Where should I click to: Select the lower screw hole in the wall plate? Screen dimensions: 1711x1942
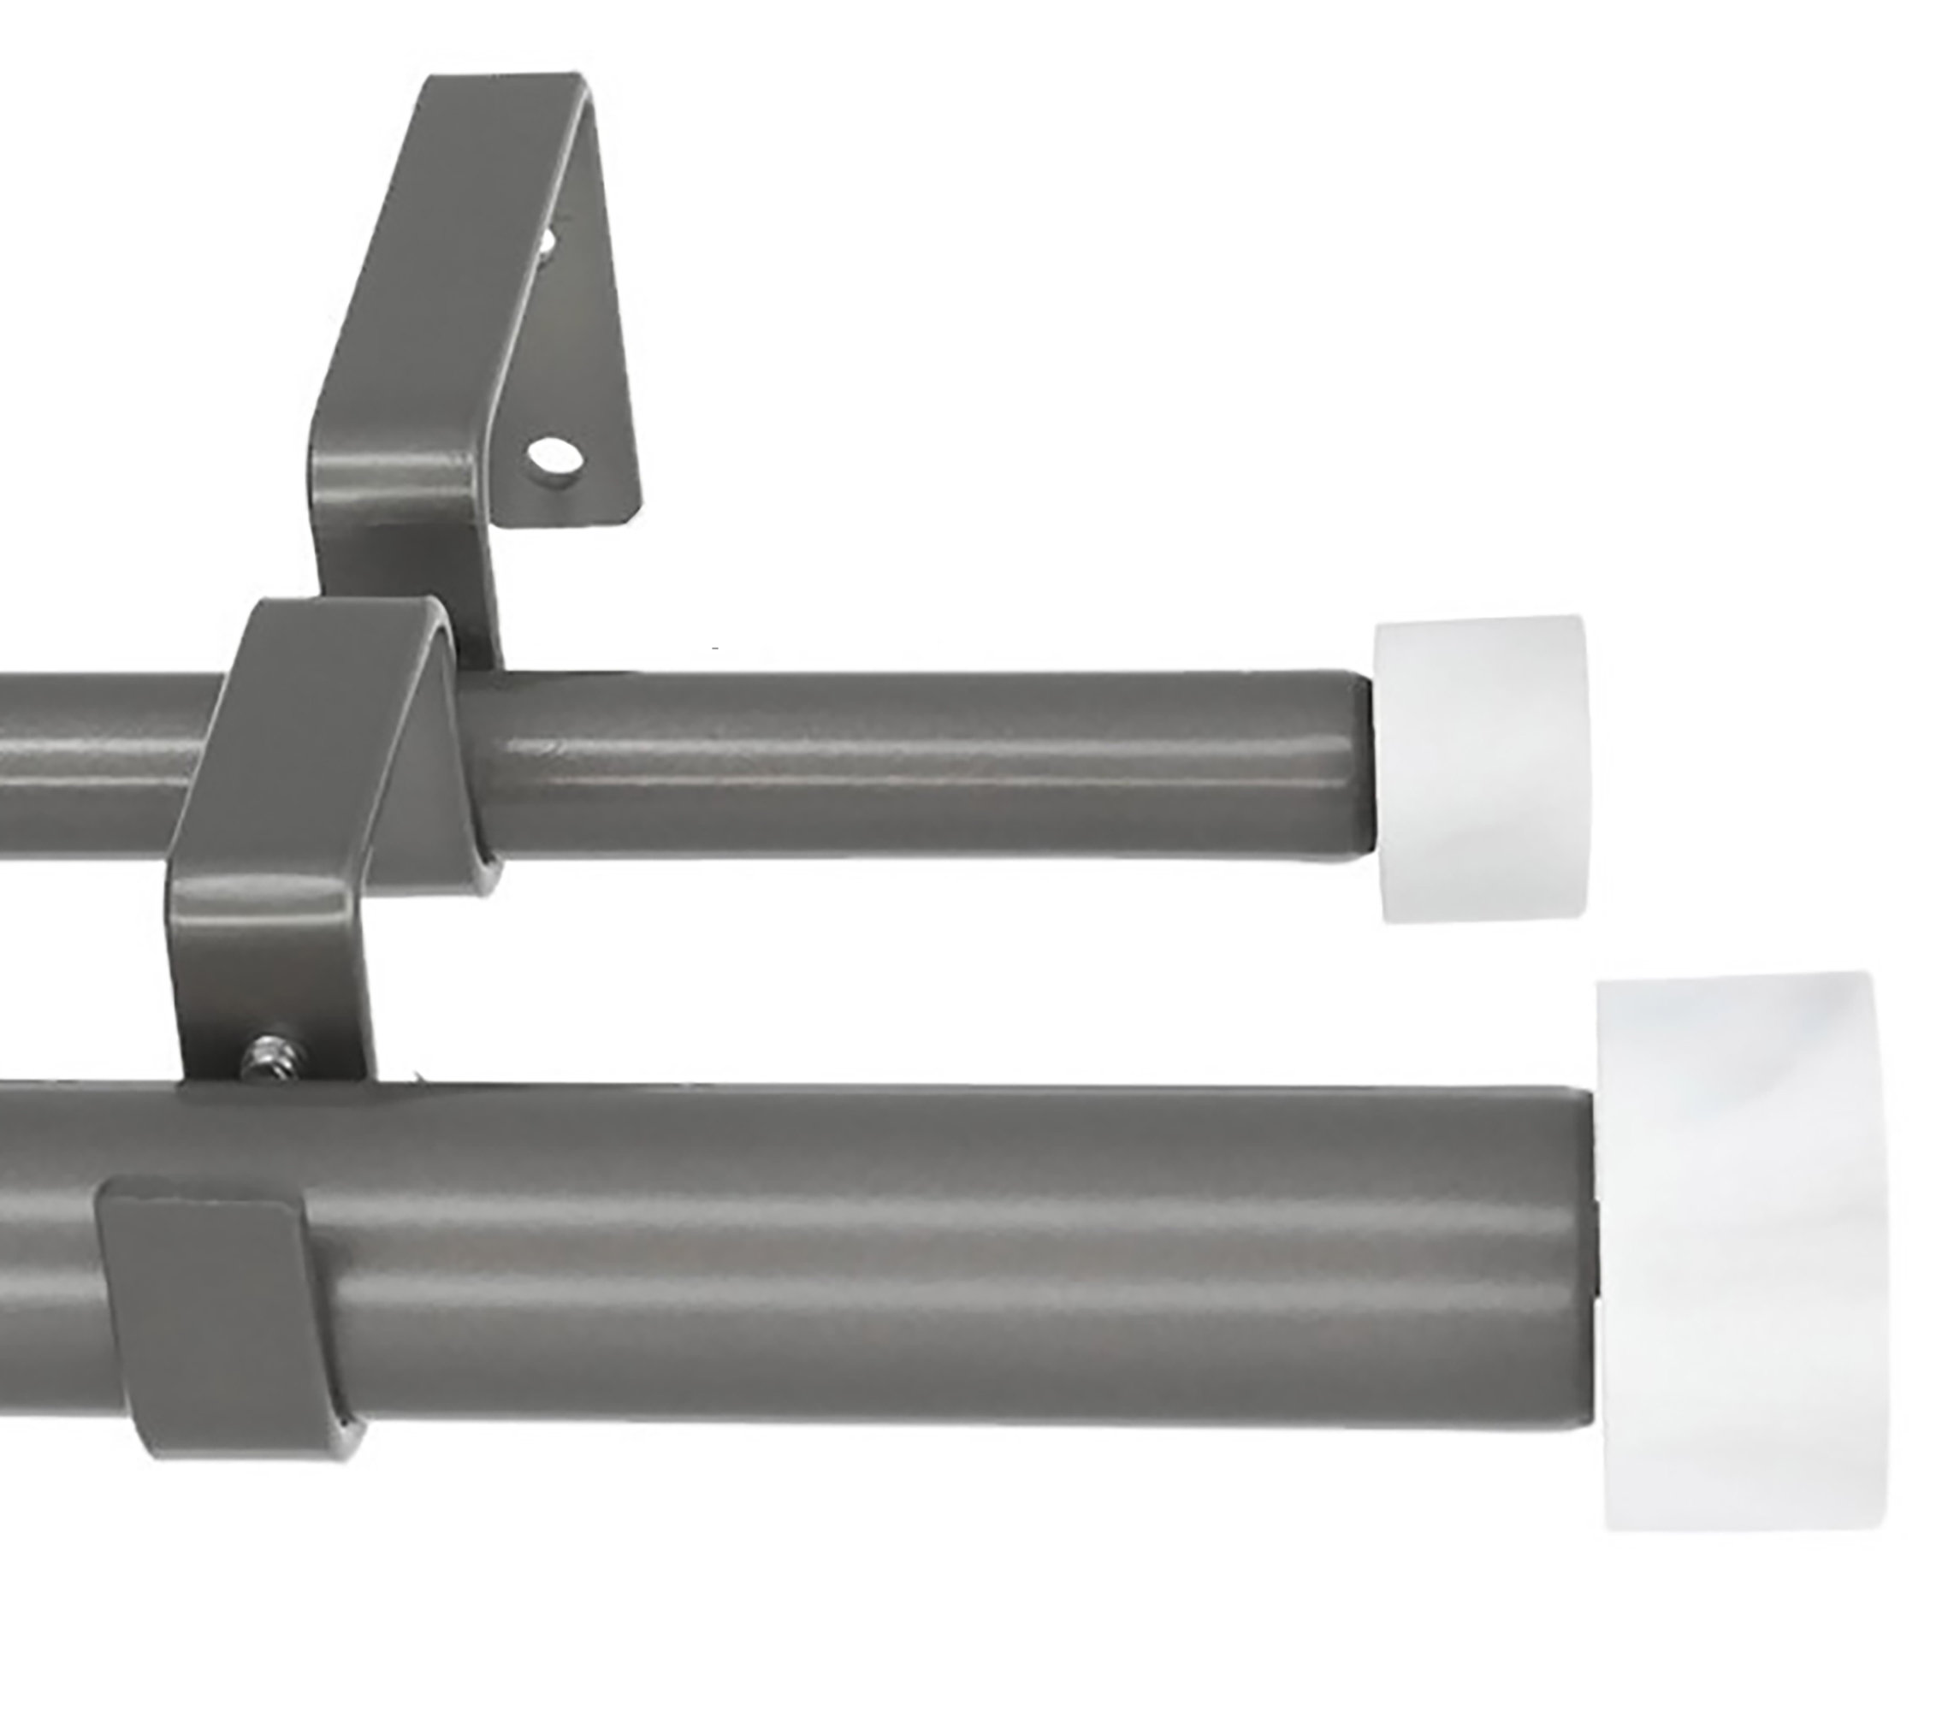(x=554, y=456)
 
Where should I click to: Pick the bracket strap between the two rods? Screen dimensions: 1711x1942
(x=275, y=950)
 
